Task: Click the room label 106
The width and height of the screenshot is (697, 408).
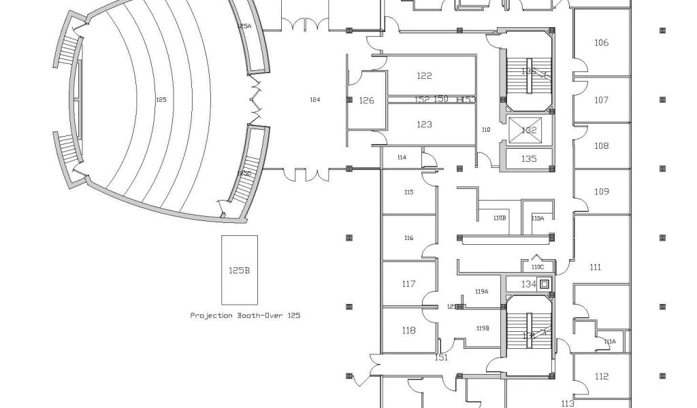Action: click(601, 43)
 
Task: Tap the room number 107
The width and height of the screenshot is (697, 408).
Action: click(601, 100)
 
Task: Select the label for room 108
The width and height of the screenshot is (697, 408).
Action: click(601, 146)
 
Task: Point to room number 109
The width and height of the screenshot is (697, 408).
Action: click(601, 192)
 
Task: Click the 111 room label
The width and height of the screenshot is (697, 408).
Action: click(596, 267)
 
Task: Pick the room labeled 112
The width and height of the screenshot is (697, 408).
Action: click(601, 377)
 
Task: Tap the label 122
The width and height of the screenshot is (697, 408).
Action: click(424, 76)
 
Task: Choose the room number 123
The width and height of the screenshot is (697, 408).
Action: click(424, 124)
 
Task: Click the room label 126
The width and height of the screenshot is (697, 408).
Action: click(366, 101)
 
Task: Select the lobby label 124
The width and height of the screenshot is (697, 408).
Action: click(314, 100)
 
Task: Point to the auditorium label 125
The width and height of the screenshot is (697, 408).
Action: click(161, 100)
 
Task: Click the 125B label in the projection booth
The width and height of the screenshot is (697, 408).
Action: click(239, 271)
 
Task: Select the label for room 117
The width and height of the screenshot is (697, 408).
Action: click(408, 284)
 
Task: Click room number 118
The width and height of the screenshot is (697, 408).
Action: click(408, 330)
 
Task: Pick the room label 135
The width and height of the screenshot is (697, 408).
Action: click(529, 158)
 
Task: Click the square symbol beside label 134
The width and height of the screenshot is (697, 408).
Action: click(545, 284)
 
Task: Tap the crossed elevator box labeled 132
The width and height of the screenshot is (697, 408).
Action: click(528, 130)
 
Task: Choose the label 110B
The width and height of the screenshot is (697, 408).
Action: click(500, 218)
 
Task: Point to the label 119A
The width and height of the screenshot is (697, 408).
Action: click(482, 291)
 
